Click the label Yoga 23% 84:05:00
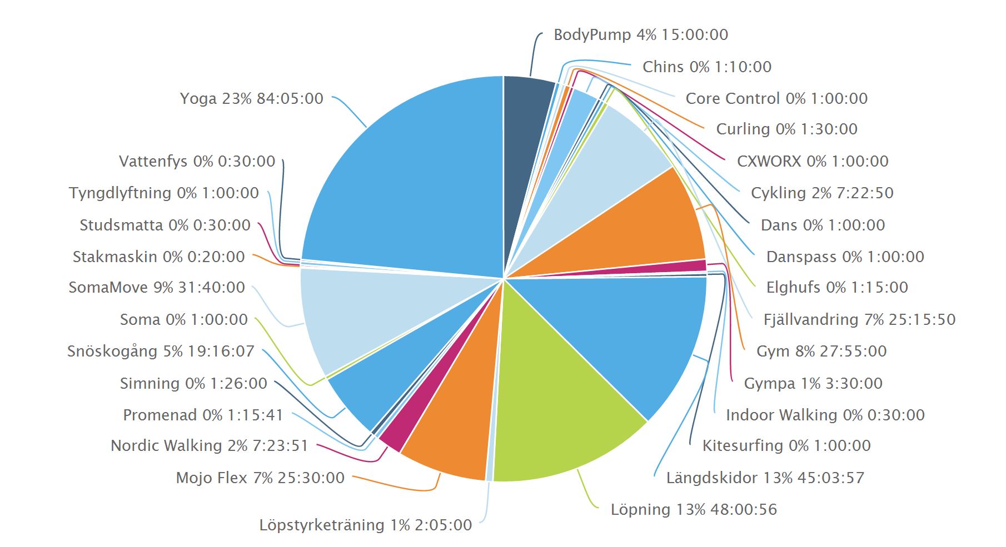click(251, 98)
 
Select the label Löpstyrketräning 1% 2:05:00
click(365, 525)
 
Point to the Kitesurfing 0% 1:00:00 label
click(786, 445)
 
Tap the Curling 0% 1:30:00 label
click(786, 129)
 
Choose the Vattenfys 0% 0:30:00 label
click(197, 161)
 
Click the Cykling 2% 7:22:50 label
click(822, 193)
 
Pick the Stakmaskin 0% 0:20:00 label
click(158, 257)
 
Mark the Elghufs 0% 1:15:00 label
click(836, 287)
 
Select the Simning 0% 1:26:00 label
click(193, 383)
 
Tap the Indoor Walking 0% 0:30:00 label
click(825, 415)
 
